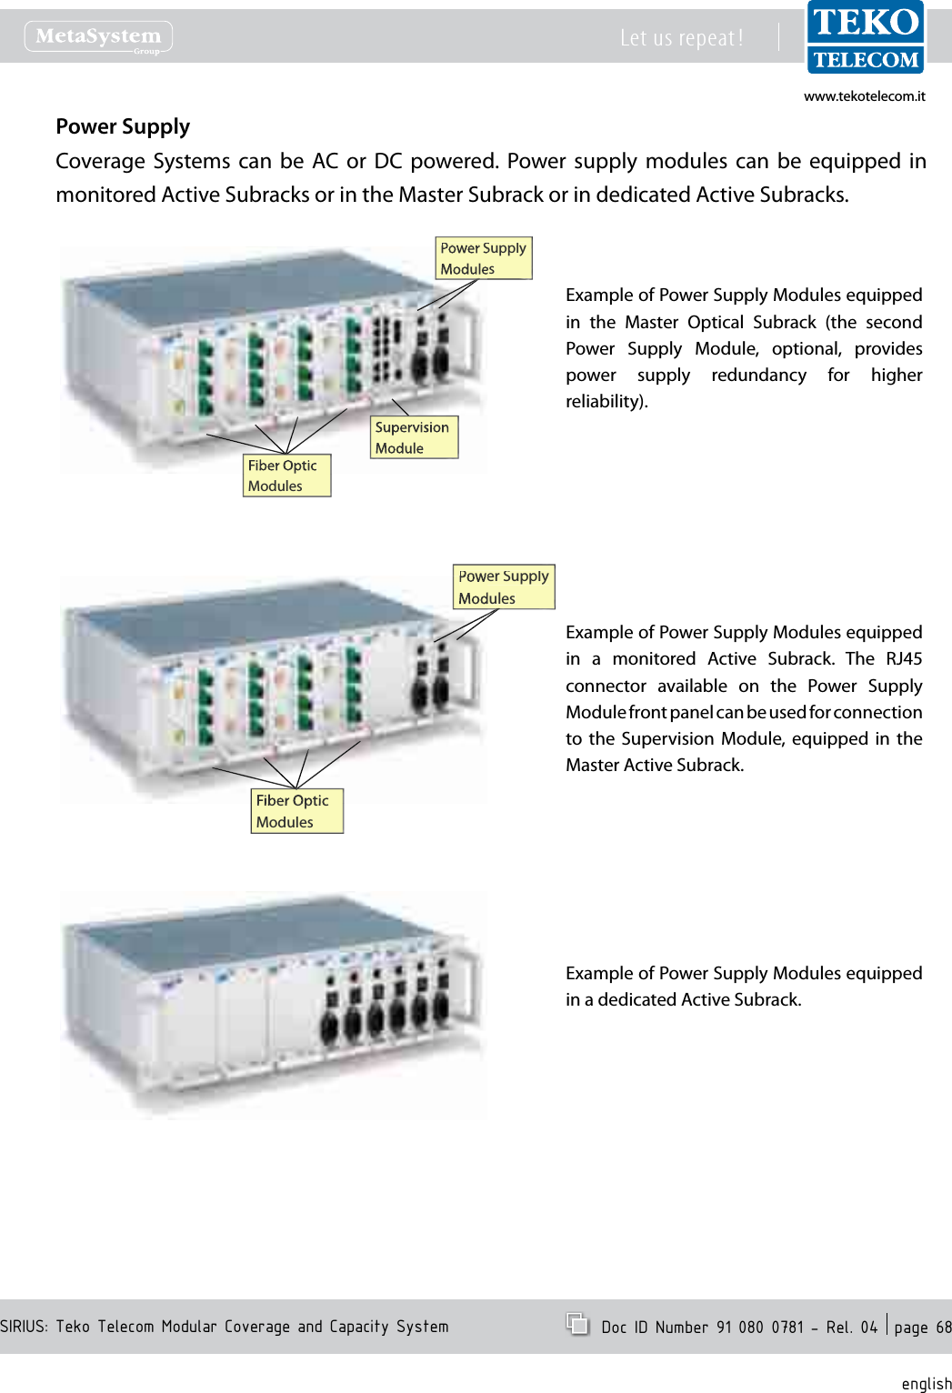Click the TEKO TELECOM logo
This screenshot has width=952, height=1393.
pos(865,38)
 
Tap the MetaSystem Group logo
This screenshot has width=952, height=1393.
pos(98,37)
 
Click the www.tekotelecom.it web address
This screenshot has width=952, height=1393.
pos(864,96)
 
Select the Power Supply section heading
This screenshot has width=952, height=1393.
pos(123,126)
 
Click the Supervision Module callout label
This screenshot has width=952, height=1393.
pos(414,437)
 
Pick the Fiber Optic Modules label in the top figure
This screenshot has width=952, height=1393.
pos(286,476)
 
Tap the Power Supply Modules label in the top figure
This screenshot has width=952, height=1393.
pos(483,258)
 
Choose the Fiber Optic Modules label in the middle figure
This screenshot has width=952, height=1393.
pos(296,811)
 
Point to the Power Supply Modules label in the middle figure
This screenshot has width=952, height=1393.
pos(503,587)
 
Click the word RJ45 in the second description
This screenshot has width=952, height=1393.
pos(904,658)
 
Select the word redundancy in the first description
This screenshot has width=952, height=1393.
pos(758,375)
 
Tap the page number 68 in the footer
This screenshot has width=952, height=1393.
pos(943,1328)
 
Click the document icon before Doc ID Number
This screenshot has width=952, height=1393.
pos(577,1324)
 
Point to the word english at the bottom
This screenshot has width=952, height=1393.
pos(926,1383)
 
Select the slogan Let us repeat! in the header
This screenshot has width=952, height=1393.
pos(681,38)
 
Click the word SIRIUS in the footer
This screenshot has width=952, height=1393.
pos(24,1327)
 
